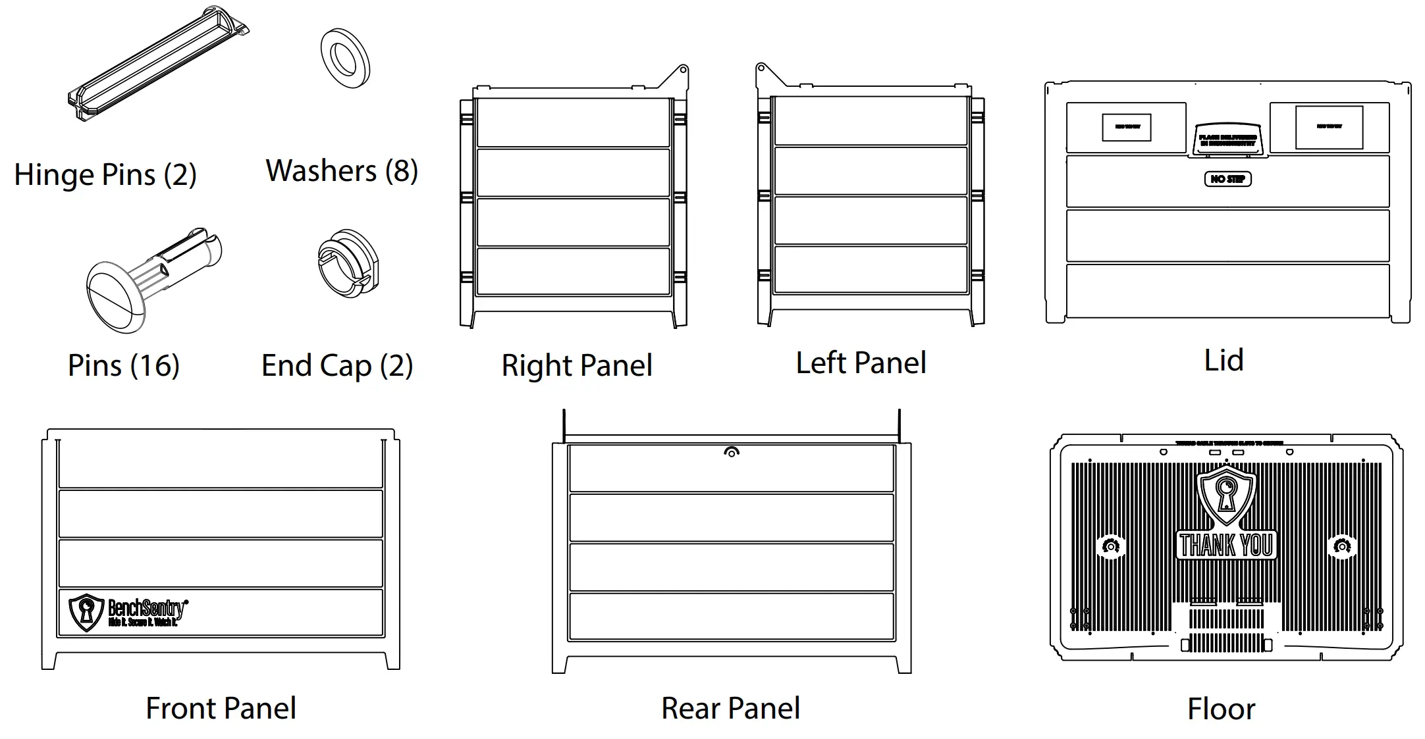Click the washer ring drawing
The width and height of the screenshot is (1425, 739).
[x=345, y=59]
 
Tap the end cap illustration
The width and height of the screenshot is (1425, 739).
[x=348, y=264]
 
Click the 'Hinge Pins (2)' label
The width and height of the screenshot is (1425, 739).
[x=105, y=175]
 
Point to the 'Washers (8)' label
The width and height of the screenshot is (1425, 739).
[x=342, y=171]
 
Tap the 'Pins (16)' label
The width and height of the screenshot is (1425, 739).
[x=124, y=365]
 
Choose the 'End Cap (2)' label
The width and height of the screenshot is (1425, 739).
[x=337, y=365]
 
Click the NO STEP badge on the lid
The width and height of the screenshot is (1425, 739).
[x=1227, y=179]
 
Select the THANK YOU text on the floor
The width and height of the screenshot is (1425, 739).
[x=1225, y=545]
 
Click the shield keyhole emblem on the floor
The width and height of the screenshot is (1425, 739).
[x=1225, y=495]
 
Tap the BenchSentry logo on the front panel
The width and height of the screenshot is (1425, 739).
[x=128, y=612]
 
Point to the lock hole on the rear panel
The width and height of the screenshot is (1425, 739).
[x=732, y=452]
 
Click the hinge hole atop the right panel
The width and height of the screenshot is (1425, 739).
[x=684, y=69]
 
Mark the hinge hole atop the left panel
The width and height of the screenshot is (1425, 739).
[x=761, y=68]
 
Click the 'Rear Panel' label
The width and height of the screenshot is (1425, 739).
[x=730, y=709]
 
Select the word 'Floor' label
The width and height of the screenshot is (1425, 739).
[x=1221, y=709]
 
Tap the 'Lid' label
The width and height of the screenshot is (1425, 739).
[x=1223, y=361]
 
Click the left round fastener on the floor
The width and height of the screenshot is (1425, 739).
[x=1111, y=546]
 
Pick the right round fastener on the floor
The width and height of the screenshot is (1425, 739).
[x=1341, y=546]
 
